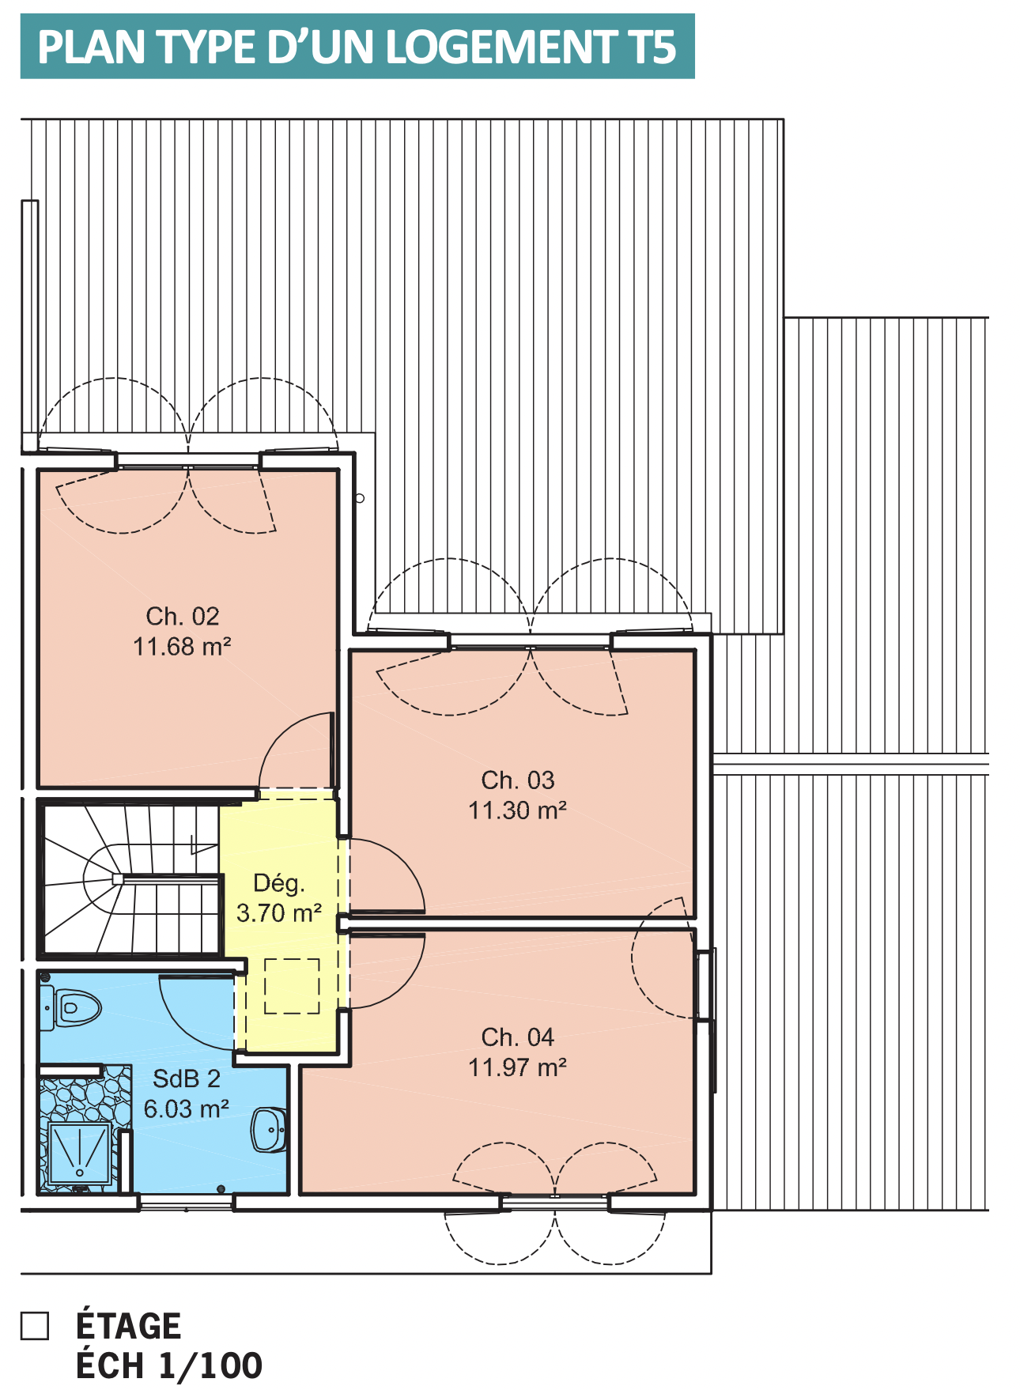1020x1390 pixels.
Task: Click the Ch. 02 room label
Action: (x=182, y=616)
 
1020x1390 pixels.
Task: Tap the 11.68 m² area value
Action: (x=182, y=646)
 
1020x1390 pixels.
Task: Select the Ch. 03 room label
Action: (x=518, y=780)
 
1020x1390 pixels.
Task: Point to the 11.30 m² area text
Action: (x=518, y=810)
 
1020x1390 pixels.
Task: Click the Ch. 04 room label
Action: (x=518, y=1037)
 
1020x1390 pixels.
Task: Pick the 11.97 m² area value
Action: (x=518, y=1067)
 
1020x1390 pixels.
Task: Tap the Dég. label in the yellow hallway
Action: (x=279, y=884)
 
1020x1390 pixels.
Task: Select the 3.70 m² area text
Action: (x=279, y=913)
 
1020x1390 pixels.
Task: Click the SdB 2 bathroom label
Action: (x=187, y=1078)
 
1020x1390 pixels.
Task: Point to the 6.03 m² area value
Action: (x=187, y=1109)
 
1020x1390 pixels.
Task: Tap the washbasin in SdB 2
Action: (x=269, y=1130)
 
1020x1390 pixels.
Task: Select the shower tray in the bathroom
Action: (x=79, y=1154)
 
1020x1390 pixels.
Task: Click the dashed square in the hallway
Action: (x=292, y=986)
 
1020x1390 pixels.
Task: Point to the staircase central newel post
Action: (x=118, y=879)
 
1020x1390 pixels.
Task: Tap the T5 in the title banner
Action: (x=653, y=47)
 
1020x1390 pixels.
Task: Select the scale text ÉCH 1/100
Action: (x=169, y=1365)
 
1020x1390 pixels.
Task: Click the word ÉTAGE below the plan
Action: (x=129, y=1324)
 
